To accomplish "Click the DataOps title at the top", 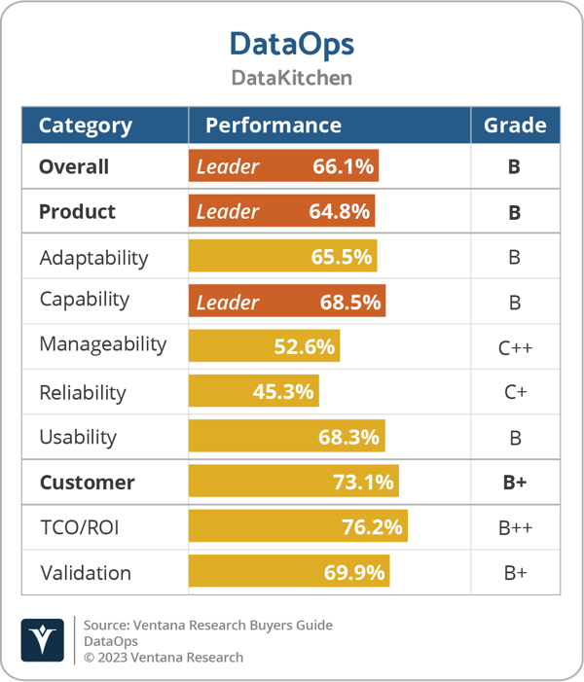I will (x=291, y=44).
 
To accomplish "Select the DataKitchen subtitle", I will (x=291, y=78).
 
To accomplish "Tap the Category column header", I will (x=85, y=126).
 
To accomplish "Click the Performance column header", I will (x=273, y=126).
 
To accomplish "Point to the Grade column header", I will (x=515, y=126).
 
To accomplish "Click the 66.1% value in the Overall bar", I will (x=343, y=166).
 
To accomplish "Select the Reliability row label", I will (x=83, y=393).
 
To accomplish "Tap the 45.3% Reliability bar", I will (x=254, y=392).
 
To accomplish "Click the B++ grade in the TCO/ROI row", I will (x=515, y=528).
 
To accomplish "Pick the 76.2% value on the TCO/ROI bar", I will (x=372, y=527).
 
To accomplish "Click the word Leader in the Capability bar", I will (x=228, y=302).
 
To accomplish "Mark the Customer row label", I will (x=87, y=483).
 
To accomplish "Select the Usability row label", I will (x=78, y=438).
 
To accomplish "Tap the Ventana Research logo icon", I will (x=43, y=640).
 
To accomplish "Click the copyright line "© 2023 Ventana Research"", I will (x=164, y=657).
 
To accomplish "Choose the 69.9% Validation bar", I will (x=289, y=572).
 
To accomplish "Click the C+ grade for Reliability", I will (x=515, y=393).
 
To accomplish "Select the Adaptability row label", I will (x=93, y=258).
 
